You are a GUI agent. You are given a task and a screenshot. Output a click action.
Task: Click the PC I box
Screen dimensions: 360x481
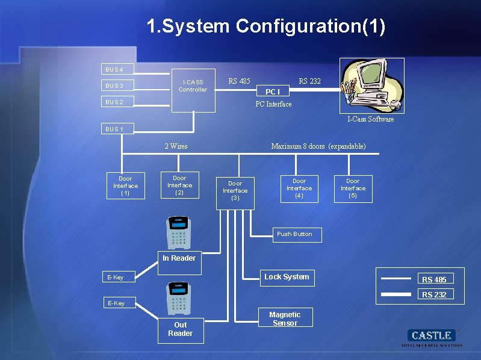click(273, 92)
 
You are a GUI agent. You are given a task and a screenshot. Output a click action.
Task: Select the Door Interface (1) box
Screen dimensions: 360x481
click(125, 185)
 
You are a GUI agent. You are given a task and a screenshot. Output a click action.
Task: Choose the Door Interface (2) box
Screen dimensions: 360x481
click(179, 185)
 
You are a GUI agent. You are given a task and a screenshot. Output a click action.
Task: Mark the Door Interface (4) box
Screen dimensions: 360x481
click(299, 188)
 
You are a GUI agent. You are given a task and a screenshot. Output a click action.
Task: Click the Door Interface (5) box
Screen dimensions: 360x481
click(353, 188)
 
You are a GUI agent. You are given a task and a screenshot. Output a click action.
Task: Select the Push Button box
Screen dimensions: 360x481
click(295, 234)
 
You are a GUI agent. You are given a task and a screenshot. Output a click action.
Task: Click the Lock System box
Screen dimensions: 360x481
click(287, 277)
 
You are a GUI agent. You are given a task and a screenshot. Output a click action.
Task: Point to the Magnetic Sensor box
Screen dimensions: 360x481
click(285, 318)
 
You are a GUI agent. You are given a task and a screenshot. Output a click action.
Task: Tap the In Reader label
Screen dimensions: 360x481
click(179, 258)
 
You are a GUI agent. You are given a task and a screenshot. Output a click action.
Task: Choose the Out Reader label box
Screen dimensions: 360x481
click(181, 329)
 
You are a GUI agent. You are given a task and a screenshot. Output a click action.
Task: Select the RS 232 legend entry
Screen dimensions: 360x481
click(434, 294)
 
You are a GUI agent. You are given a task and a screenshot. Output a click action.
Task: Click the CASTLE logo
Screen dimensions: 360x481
click(432, 335)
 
